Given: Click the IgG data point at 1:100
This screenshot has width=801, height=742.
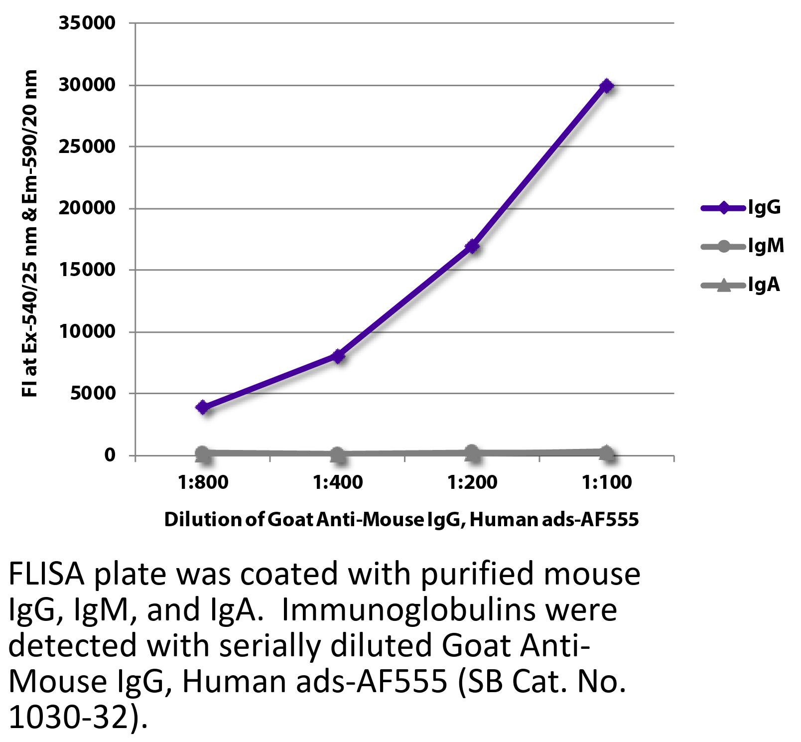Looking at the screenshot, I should pos(606,86).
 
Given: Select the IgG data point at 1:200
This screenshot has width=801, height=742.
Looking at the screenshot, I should pos(472,246).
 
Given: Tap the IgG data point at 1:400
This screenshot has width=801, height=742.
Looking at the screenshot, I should pos(338,356).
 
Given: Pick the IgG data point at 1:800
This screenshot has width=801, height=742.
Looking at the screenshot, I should pos(203,407).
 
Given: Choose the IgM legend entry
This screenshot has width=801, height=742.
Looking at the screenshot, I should pos(742,246).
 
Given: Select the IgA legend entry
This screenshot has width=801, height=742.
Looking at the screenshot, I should pos(740,285).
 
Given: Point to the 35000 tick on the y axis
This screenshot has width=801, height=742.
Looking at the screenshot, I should pos(87,23).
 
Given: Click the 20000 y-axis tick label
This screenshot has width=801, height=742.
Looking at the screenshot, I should pos(87,208).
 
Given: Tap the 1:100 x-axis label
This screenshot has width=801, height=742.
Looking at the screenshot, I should pos(606,482).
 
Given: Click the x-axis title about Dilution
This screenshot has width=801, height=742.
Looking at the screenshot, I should pos(401,520).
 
